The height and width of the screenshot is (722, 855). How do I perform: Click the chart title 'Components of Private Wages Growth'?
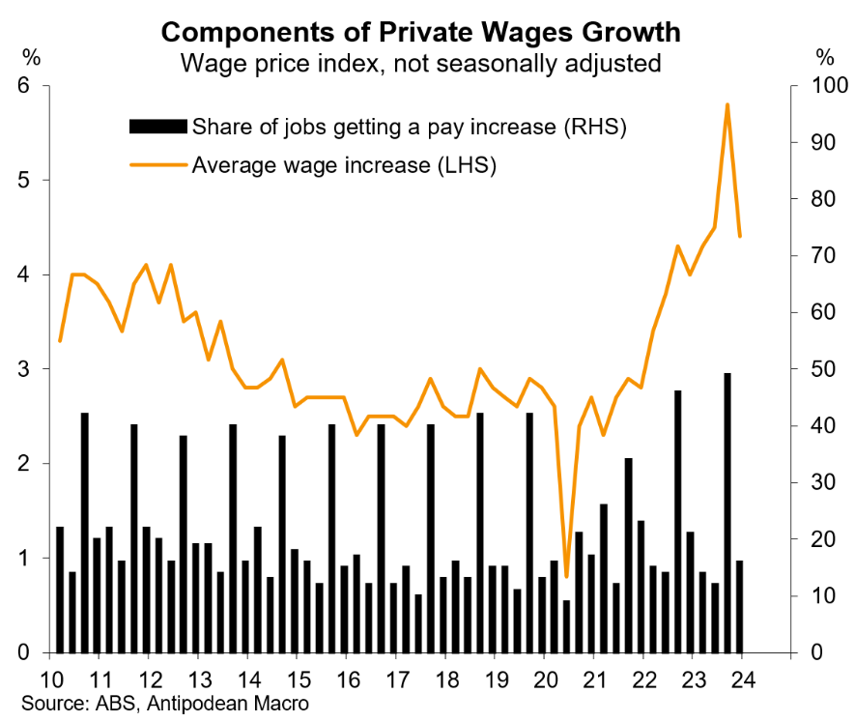pyautogui.click(x=420, y=32)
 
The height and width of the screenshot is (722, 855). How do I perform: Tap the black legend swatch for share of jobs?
pyautogui.click(x=157, y=127)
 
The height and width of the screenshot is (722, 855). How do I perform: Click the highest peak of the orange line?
pyautogui.click(x=727, y=104)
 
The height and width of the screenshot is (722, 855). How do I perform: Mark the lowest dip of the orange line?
pyautogui.click(x=566, y=576)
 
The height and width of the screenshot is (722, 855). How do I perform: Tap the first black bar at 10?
pyautogui.click(x=60, y=590)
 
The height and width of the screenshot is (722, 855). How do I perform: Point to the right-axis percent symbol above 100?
pyautogui.click(x=822, y=55)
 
